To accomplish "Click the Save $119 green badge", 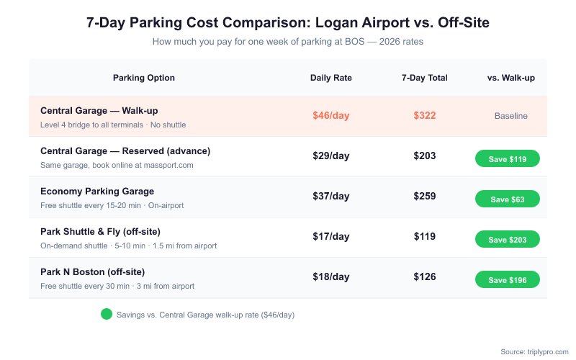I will [x=508, y=159].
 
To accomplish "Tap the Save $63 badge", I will [x=508, y=199].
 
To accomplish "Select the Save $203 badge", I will [x=508, y=240].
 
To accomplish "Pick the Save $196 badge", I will [x=508, y=280].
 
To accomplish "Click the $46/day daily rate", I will [x=331, y=115].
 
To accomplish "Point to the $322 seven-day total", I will [x=425, y=115].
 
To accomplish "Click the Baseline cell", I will [x=511, y=116].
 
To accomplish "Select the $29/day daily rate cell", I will [x=331, y=156].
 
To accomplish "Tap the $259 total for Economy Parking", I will [x=425, y=196].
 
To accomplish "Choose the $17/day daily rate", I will [x=331, y=236].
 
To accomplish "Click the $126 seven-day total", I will [x=425, y=276].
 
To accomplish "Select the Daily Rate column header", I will [x=331, y=78].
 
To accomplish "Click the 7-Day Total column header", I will [x=425, y=78].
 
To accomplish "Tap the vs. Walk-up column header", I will [x=511, y=78].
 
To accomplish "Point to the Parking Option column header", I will [x=144, y=78].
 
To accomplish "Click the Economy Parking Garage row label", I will [x=97, y=192].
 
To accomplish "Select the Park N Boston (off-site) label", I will [x=93, y=272].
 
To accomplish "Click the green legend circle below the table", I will [x=107, y=315].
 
